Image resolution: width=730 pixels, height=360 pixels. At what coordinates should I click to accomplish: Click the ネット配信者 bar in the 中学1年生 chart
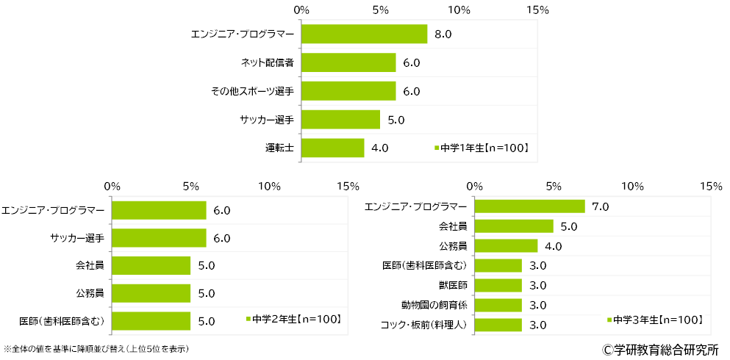348,62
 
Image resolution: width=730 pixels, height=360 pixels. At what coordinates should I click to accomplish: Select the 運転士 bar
333,148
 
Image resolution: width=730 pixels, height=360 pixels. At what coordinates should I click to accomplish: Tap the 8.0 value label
443,35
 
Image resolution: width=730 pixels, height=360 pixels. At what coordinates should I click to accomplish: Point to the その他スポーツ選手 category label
252,91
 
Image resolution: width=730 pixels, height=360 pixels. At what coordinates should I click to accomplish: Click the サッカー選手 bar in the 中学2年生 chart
159,238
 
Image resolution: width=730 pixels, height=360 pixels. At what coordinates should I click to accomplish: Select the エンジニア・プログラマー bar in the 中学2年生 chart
159,210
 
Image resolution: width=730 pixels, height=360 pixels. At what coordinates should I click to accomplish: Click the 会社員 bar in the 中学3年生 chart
514,226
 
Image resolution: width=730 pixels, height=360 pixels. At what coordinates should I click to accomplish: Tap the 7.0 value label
600,206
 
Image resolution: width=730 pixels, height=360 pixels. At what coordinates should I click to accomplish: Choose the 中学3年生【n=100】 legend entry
654,320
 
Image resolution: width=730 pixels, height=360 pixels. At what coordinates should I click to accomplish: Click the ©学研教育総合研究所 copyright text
660,348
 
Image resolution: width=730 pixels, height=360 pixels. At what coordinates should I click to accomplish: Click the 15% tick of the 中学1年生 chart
538,10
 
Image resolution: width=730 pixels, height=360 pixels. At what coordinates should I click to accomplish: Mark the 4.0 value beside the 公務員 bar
553,246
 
